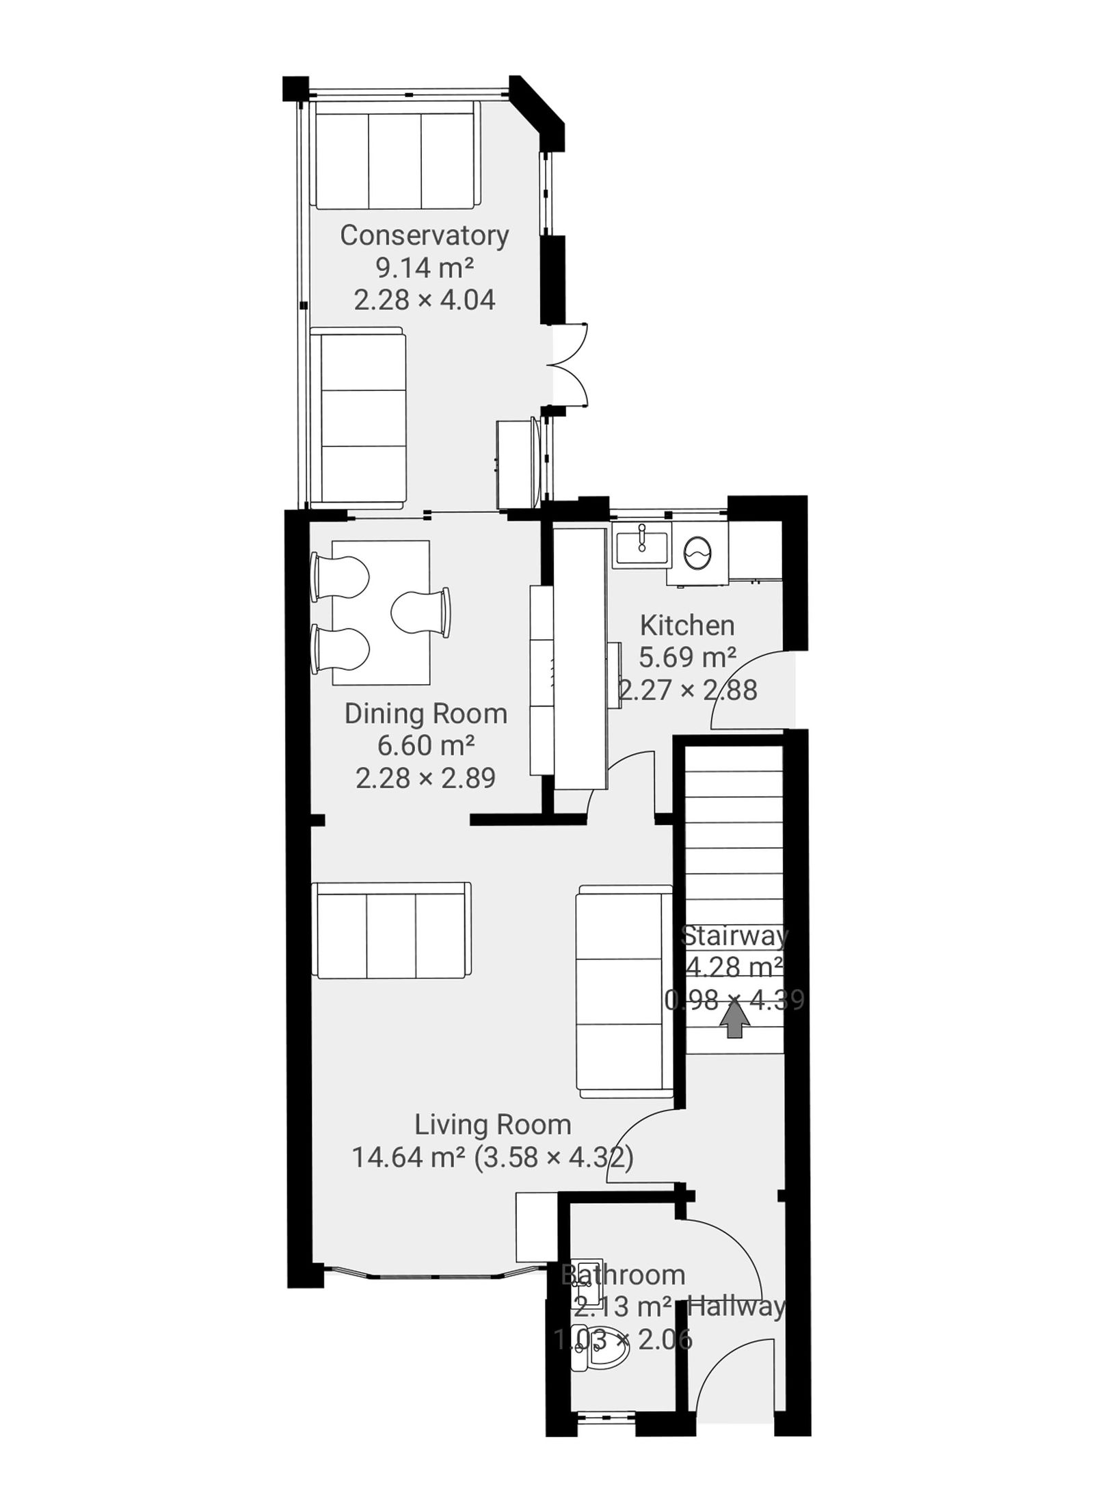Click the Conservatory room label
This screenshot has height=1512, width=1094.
(424, 235)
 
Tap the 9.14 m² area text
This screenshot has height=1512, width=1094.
(424, 267)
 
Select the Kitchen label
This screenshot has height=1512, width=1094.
(686, 625)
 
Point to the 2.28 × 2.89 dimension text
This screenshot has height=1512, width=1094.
(425, 778)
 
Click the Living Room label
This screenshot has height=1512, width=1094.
(492, 1124)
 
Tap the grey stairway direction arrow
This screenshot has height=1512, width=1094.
(734, 1023)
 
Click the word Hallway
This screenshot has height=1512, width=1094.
(736, 1306)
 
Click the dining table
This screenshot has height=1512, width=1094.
(381, 612)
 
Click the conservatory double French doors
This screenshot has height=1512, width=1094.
(568, 365)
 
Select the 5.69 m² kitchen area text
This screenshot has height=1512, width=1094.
(686, 658)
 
